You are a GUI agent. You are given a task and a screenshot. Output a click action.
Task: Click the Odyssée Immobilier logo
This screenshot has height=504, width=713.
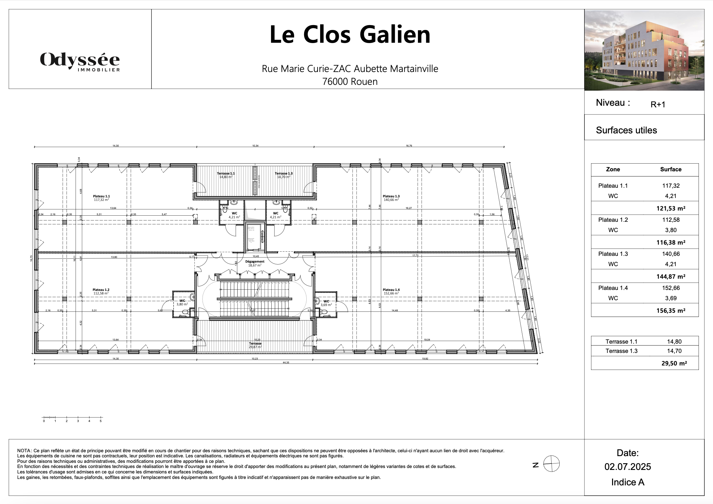80,61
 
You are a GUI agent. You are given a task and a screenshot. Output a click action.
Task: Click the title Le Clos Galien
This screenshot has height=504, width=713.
350,34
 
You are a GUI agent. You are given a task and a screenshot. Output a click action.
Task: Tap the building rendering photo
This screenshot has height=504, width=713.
644,50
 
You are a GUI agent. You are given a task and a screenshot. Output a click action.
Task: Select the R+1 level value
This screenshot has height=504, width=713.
658,104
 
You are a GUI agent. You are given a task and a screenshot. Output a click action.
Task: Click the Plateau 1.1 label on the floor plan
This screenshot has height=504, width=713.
101,198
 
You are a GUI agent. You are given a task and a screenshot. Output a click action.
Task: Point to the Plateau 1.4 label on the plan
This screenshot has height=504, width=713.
391,291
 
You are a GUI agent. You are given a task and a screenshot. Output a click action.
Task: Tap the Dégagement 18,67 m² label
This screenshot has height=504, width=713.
255,263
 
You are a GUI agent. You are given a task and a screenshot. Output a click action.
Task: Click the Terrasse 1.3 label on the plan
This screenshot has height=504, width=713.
284,175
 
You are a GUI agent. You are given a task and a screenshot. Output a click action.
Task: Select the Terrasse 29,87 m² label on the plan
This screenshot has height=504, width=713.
255,345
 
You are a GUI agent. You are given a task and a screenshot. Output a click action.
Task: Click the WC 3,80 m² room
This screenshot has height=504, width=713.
182,302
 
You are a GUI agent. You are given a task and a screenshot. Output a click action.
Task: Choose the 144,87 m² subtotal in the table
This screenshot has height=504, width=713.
671,276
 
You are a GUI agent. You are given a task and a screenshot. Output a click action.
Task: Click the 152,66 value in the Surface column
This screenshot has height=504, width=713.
671,288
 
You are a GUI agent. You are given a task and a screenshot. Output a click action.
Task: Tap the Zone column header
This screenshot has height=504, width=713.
613,169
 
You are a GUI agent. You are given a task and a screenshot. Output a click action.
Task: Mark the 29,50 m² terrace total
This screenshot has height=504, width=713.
674,363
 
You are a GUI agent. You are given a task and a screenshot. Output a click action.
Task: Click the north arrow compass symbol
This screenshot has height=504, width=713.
551,464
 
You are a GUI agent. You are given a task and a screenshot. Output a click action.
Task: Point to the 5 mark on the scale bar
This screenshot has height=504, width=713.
101,421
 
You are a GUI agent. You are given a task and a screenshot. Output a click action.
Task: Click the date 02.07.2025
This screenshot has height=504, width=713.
627,467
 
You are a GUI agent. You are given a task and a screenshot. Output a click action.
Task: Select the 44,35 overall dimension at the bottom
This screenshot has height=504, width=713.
286,363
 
